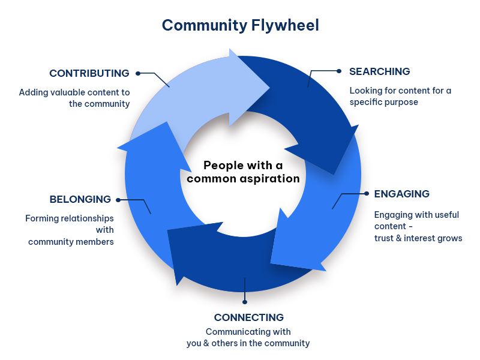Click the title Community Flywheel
tap(241, 25)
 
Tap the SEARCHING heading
tap(380, 71)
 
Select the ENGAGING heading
tap(401, 194)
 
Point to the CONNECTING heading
tap(249, 317)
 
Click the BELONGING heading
tap(80, 199)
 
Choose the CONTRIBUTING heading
tap(89, 73)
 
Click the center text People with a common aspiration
tap(244, 172)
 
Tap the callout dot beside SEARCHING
tap(339, 71)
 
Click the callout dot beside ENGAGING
tap(367, 193)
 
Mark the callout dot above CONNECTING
tap(245, 302)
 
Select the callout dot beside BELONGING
tap(118, 200)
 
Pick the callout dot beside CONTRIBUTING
tap(138, 73)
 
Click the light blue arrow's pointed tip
tap(269, 87)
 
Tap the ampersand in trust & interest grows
tap(398, 238)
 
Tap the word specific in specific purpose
tap(364, 102)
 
